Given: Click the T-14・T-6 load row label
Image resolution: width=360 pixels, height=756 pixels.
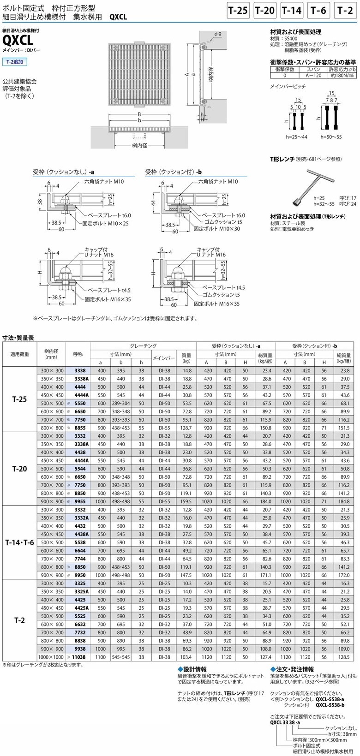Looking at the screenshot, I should tap(19, 542).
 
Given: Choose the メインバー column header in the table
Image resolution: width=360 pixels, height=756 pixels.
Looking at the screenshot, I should tap(164, 357).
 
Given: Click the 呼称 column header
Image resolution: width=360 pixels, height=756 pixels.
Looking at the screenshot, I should tap(78, 354).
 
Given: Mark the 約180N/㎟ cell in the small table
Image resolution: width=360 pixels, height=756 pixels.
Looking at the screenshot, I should tap(342, 75).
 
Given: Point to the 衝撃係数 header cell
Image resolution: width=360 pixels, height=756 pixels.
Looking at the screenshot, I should tap(284, 69).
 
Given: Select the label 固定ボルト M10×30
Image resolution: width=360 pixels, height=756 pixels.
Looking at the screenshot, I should tap(216, 228).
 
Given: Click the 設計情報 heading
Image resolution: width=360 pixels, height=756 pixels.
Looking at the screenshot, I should tap(194, 669).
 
